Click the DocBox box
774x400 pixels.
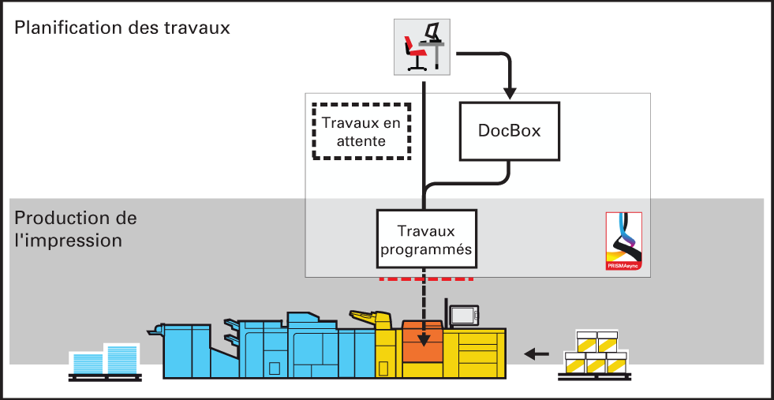510,131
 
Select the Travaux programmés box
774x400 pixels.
427,240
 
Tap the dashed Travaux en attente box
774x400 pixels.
362,131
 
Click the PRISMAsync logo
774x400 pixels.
624,241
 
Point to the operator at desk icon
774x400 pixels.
422,47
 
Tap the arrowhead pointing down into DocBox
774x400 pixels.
511,93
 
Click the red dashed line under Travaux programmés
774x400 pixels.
426,279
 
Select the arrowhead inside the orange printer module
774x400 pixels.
423,341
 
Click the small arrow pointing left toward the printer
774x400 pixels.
536,353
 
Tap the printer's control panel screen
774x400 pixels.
463,315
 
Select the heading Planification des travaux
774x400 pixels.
122,28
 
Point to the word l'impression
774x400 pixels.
68,241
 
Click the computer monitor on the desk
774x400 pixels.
433,32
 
